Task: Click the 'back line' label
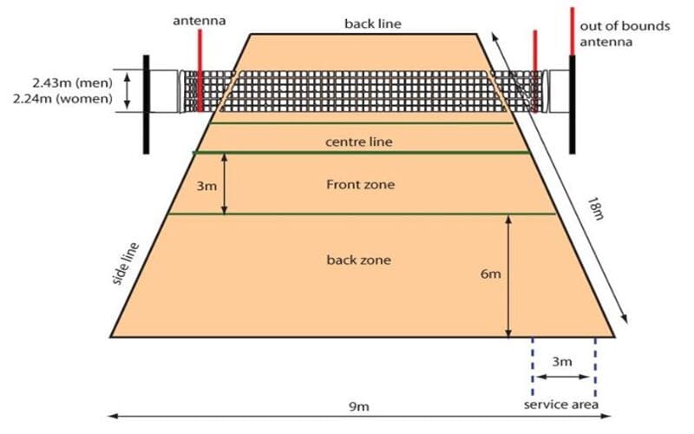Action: (372, 23)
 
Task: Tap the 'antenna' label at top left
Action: (200, 18)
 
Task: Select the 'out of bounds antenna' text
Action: (625, 34)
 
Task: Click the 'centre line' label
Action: (360, 141)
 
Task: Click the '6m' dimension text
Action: (491, 273)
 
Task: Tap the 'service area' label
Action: (560, 405)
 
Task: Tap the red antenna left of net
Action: (200, 69)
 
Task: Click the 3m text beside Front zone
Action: (203, 186)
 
